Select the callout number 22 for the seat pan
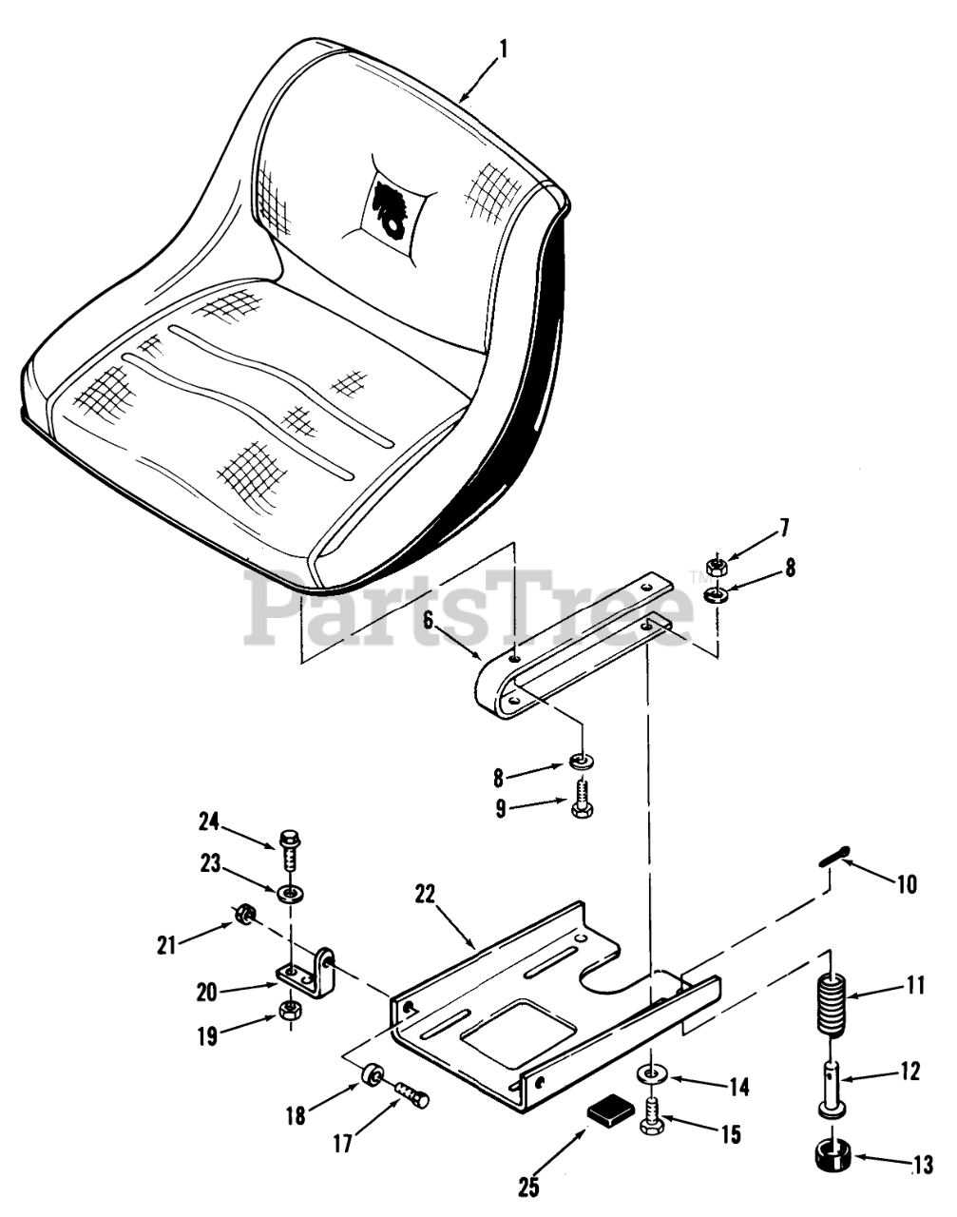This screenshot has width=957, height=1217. pos(427,894)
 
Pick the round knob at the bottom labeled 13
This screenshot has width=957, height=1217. pos(833,1159)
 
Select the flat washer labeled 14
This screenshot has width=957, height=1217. pos(652,1074)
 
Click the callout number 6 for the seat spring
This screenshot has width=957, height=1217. pos(428,620)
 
